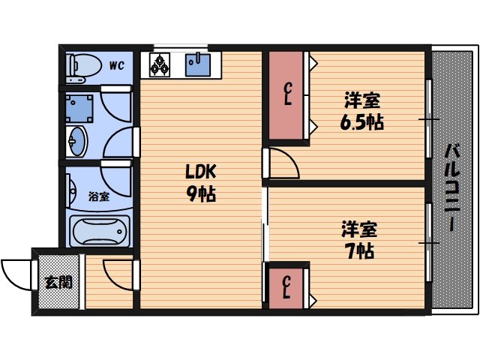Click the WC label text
point(116,65)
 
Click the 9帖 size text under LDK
point(201,195)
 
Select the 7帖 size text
point(361,250)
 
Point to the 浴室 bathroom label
point(98,197)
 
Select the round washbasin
point(76,139)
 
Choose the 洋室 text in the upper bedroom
point(361,100)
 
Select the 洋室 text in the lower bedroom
point(361,228)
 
